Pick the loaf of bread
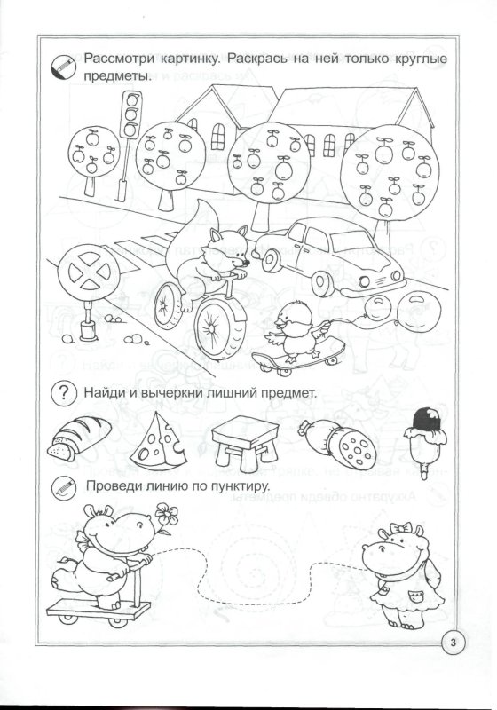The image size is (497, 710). (80, 438)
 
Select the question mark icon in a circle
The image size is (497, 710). (62, 391)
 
